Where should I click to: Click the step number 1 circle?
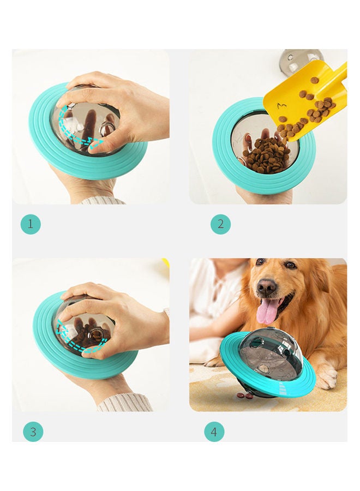click(x=31, y=224)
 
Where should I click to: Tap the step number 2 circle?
click(x=220, y=224)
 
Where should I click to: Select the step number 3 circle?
click(x=33, y=432)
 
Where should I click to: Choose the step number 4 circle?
click(x=214, y=432)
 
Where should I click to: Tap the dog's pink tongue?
click(x=267, y=311)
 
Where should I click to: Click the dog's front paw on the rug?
click(x=327, y=376)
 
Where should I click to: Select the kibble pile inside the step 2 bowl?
click(x=266, y=155)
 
